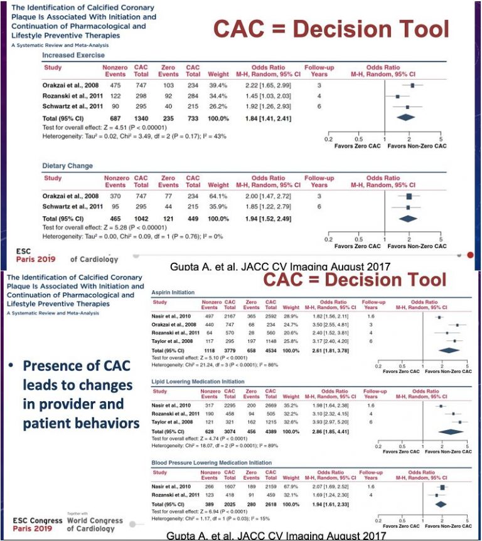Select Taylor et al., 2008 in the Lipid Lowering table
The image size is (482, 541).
pyautogui.click(x=171, y=422)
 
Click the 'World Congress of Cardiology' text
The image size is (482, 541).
pyautogui.click(x=95, y=525)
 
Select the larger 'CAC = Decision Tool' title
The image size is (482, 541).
pyautogui.click(x=332, y=29)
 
